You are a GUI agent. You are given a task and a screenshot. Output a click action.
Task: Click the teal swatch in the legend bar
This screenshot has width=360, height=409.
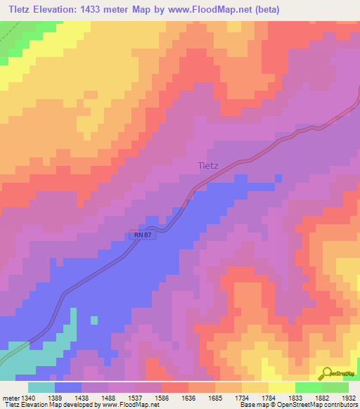(x=41, y=387)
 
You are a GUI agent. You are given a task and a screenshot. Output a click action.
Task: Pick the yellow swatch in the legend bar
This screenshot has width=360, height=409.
(x=281, y=387)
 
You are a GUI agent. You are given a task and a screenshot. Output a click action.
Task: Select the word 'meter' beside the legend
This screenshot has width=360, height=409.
(x=9, y=398)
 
